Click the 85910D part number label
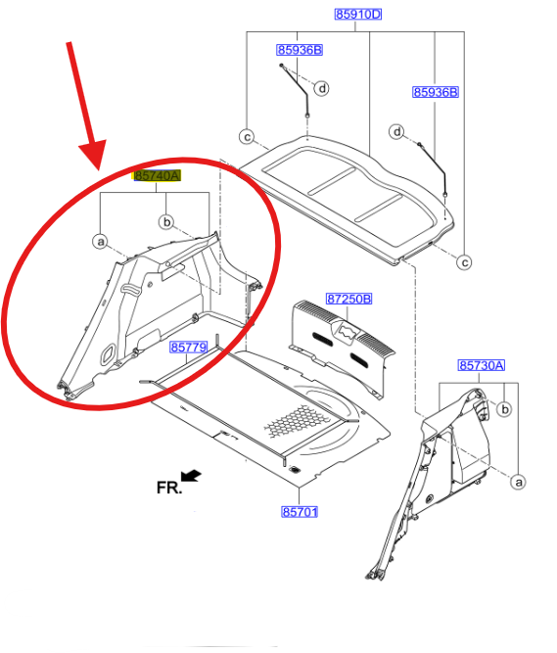pyautogui.click(x=358, y=14)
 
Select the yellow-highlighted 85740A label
pyautogui.click(x=157, y=176)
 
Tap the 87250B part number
pyautogui.click(x=348, y=299)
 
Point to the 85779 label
pyautogui.click(x=189, y=347)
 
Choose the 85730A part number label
pyautogui.click(x=482, y=365)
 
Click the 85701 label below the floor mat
pyautogui.click(x=300, y=511)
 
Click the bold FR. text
pyautogui.click(x=169, y=488)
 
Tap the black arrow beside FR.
pyautogui.click(x=191, y=475)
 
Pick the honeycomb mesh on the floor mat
pyautogui.click(x=296, y=421)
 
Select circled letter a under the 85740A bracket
pyautogui.click(x=100, y=242)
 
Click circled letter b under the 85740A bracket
pyautogui.click(x=166, y=221)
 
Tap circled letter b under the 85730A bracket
pyautogui.click(x=504, y=409)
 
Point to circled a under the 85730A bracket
pyautogui.click(x=518, y=482)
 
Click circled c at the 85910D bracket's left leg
pyautogui.click(x=247, y=137)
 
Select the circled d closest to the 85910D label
pyautogui.click(x=322, y=88)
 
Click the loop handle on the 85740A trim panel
pyautogui.click(x=130, y=289)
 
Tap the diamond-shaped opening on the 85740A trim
pyautogui.click(x=108, y=353)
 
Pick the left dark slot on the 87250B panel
pyautogui.click(x=322, y=340)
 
